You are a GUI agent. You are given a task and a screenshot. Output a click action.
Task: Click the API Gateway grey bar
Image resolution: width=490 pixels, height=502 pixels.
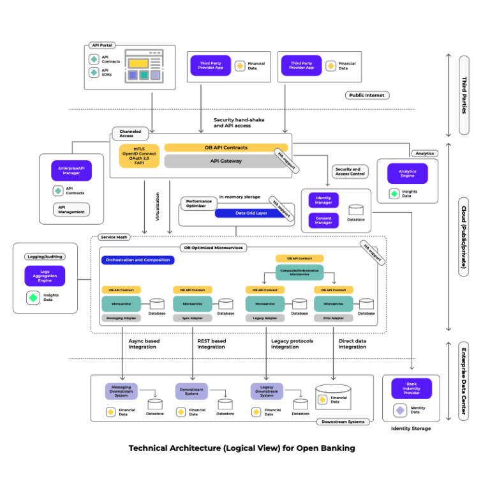pyautogui.click(x=226, y=161)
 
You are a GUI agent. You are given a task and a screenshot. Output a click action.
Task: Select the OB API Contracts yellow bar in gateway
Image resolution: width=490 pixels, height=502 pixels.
pyautogui.click(x=226, y=148)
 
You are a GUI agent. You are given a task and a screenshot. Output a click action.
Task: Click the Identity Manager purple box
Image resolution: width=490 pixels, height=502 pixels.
pyautogui.click(x=323, y=200)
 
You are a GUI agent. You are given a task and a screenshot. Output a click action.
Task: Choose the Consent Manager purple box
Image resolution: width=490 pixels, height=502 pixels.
pyautogui.click(x=323, y=220)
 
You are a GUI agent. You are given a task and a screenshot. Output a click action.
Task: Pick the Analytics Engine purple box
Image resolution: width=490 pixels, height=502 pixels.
pyautogui.click(x=407, y=174)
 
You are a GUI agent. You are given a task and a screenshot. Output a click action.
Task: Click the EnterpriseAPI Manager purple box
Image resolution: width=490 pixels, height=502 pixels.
pyautogui.click(x=71, y=171)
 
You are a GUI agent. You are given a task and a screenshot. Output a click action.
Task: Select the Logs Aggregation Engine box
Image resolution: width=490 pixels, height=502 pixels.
pyautogui.click(x=45, y=276)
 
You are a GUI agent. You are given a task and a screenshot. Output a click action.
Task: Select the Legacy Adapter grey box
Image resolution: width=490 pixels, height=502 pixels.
pyautogui.click(x=265, y=317)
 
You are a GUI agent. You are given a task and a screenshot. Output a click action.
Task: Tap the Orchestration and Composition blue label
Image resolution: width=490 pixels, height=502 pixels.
pyautogui.click(x=137, y=260)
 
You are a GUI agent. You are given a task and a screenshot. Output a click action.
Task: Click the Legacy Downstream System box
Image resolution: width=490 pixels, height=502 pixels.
pyautogui.click(x=267, y=391)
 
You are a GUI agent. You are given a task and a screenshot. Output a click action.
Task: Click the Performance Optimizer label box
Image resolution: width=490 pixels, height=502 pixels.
pyautogui.click(x=198, y=204)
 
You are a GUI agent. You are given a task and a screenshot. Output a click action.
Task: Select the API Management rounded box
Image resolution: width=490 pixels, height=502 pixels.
pyautogui.click(x=71, y=209)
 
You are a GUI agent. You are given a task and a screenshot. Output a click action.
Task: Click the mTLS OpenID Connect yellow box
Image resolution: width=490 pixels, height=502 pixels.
pyautogui.click(x=138, y=156)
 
